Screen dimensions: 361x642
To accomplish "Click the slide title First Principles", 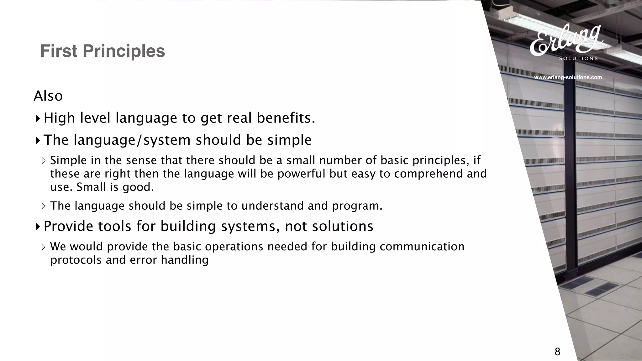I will click(103, 51).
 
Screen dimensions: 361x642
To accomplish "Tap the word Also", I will click(48, 96).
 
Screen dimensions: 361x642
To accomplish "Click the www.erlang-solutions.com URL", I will click(568, 77).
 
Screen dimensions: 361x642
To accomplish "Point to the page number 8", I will click(557, 352).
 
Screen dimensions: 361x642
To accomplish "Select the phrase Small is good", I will click(115, 187).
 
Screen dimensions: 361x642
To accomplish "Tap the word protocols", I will click(76, 260).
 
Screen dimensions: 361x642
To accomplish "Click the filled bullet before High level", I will click(38, 118).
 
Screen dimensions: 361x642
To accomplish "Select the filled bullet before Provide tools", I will click(38, 226).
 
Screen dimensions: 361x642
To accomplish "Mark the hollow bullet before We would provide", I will click(44, 247).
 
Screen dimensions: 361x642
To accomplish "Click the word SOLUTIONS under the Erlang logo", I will click(578, 58).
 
